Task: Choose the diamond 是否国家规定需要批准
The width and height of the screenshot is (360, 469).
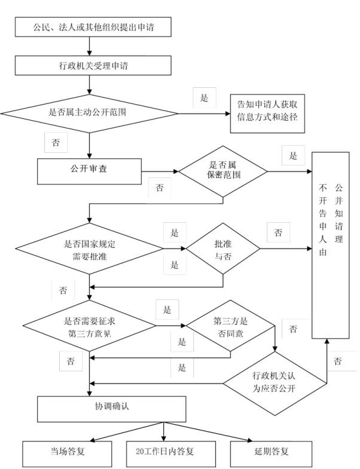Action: click(x=89, y=249)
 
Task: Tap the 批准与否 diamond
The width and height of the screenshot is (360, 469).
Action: click(x=223, y=249)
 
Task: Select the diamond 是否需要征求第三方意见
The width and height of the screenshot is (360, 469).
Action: click(x=90, y=326)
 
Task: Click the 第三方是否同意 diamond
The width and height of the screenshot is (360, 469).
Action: click(x=230, y=326)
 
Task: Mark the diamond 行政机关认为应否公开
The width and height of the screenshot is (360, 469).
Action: click(x=276, y=383)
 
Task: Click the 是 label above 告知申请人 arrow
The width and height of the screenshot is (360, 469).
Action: click(x=204, y=97)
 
